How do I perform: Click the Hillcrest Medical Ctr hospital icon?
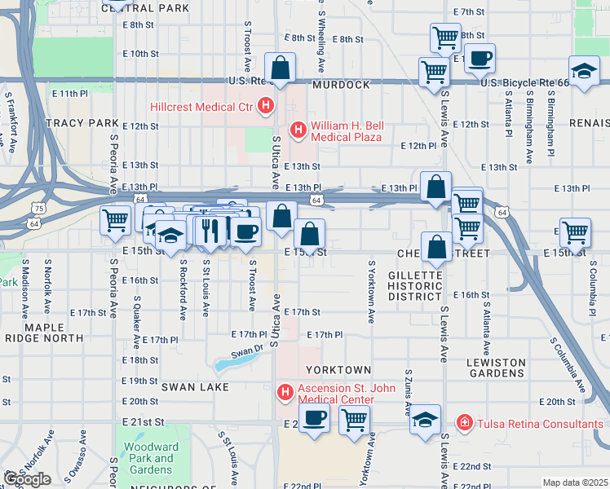pyautogui.click(x=265, y=106)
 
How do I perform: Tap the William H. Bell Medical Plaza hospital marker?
pyautogui.click(x=298, y=130)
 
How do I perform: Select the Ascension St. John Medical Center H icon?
pyautogui.click(x=285, y=393)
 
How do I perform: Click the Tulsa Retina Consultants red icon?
pyautogui.click(x=464, y=423)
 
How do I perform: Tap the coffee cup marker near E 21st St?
pyautogui.click(x=315, y=419)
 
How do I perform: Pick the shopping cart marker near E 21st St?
pyautogui.click(x=354, y=421)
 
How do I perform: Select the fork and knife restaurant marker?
pyautogui.click(x=210, y=231)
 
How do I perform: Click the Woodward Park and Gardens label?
pyautogui.click(x=152, y=458)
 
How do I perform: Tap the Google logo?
pyautogui.click(x=27, y=479)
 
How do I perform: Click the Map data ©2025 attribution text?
pyautogui.click(x=574, y=482)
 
